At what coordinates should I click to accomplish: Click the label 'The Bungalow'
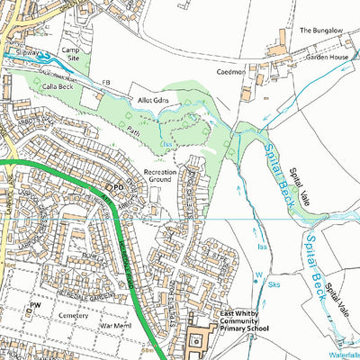(x=321, y=30)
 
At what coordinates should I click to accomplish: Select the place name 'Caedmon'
(x=230, y=69)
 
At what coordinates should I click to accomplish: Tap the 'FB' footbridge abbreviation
(x=107, y=83)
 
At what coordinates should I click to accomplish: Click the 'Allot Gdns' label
(x=154, y=101)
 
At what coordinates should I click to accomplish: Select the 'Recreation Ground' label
(x=161, y=175)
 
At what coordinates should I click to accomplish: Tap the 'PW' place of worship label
(x=37, y=306)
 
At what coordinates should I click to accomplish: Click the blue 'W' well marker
(x=257, y=276)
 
